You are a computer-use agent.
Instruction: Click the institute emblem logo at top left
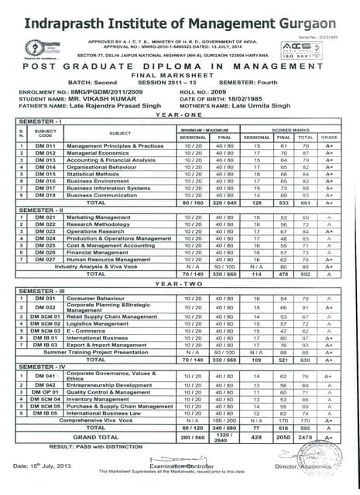(32, 47)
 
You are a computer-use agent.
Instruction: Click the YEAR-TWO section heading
(178, 283)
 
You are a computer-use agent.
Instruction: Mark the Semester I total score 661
(305, 203)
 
